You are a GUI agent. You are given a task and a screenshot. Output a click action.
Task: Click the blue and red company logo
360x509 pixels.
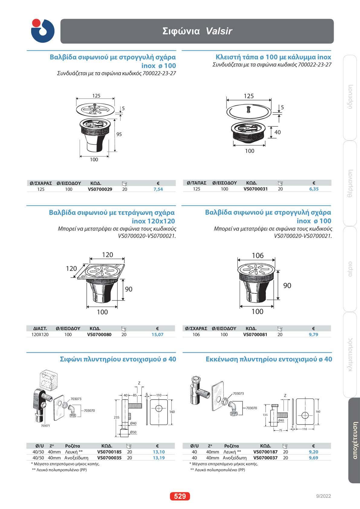[43, 31]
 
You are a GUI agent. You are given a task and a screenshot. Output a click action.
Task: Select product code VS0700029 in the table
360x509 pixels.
[100, 189]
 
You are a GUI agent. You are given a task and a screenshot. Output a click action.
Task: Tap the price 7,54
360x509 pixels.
[158, 189]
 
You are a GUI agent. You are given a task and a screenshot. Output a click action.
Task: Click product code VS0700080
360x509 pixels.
[99, 335]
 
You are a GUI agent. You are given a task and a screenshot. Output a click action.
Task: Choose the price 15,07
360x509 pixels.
[157, 335]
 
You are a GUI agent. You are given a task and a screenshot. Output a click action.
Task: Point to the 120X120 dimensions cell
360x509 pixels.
[40, 335]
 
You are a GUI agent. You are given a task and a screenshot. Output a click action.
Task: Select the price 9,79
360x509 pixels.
[313, 335]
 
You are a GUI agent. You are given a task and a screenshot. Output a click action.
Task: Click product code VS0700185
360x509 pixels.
[109, 452]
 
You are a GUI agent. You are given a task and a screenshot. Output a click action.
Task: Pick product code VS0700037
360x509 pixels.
[265, 458]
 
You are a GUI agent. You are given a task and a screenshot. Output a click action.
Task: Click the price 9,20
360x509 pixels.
[313, 452]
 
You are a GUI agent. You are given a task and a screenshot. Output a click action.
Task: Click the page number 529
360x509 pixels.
[180, 496]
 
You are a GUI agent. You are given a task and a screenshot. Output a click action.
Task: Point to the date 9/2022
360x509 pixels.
[323, 496]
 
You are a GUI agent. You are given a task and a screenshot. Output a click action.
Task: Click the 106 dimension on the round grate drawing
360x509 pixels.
[258, 255]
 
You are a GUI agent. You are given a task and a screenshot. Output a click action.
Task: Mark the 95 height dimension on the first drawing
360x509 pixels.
[119, 134]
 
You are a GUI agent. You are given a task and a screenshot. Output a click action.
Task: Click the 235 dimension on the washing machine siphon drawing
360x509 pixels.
[116, 417]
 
